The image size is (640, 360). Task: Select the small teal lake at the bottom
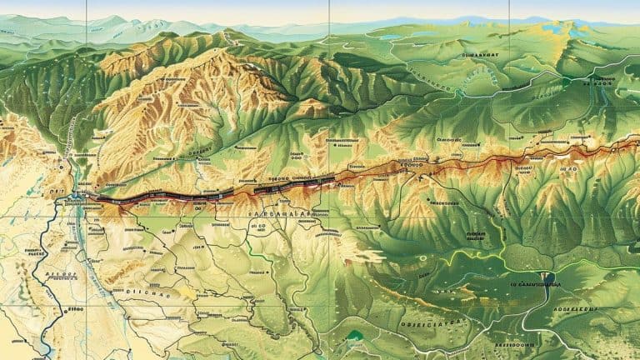(x=357, y=335)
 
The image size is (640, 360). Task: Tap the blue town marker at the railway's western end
(x=78, y=197)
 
